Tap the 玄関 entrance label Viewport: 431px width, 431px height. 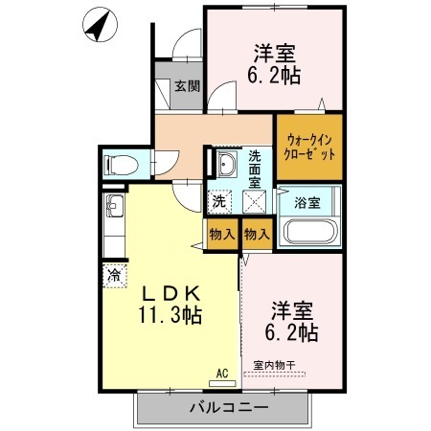[186, 86]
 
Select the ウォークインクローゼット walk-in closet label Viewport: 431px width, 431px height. [309, 145]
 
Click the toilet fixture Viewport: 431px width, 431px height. [123, 164]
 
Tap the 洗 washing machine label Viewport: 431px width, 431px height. [219, 202]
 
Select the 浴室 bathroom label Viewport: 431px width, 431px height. [306, 202]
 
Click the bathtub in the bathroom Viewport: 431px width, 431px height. [306, 233]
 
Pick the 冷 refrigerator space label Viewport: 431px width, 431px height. [115, 276]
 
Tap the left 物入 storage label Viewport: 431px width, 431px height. [219, 234]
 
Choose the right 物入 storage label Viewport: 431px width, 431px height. [256, 234]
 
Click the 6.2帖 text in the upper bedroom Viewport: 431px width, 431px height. [276, 74]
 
